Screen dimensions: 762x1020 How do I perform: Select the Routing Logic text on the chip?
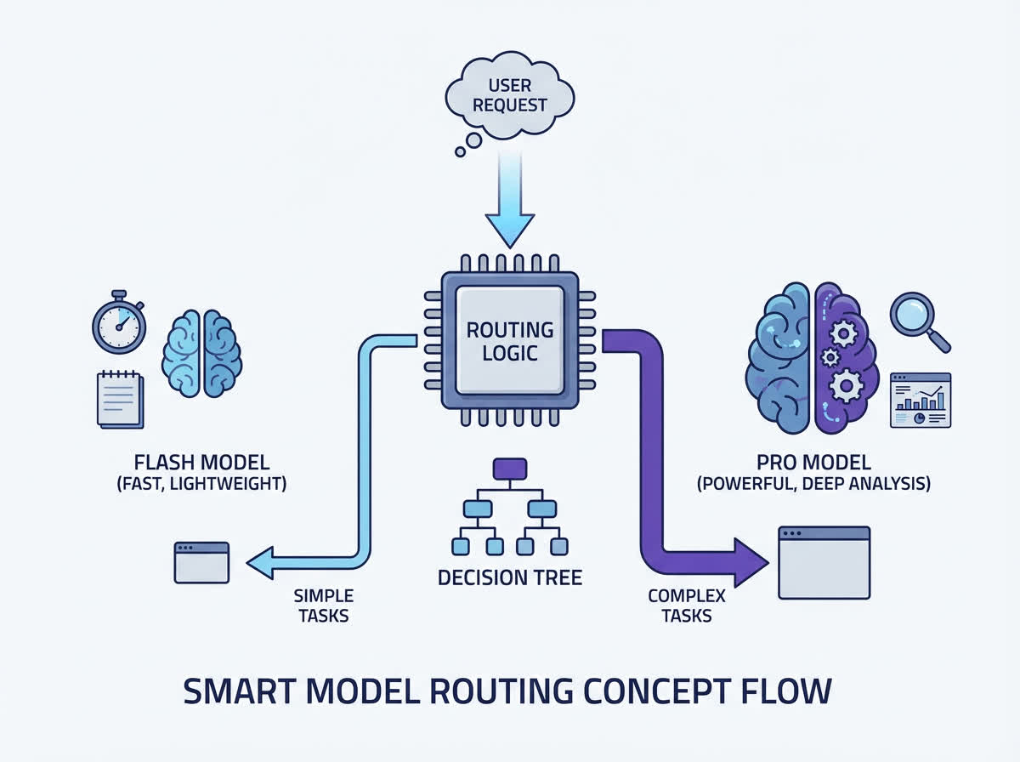(509, 340)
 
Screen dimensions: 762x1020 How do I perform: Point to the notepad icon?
(120, 398)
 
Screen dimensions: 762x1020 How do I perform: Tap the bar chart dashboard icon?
(920, 400)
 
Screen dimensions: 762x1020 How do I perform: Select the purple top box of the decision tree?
(510, 469)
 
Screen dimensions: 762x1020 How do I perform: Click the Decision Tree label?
(509, 577)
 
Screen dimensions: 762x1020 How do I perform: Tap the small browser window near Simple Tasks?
(201, 562)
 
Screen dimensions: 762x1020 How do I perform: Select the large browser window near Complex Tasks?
(824, 563)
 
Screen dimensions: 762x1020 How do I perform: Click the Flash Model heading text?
(201, 463)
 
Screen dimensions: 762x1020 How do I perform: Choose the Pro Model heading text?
(813, 463)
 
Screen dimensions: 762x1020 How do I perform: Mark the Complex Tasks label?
(686, 606)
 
